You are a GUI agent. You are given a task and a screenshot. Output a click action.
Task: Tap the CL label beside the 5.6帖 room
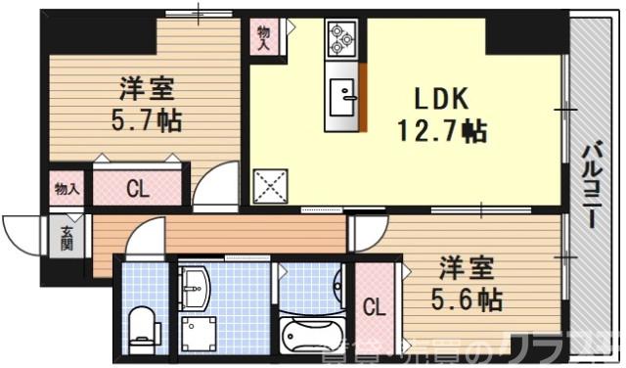coord(374,306)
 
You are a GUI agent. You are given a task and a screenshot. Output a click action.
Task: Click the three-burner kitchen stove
coord(342,37)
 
